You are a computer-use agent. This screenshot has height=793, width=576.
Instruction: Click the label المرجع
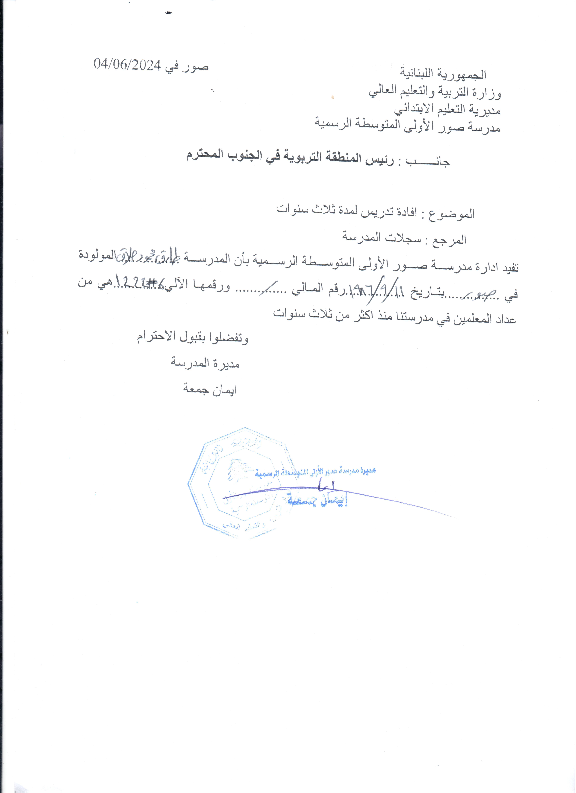451,240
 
